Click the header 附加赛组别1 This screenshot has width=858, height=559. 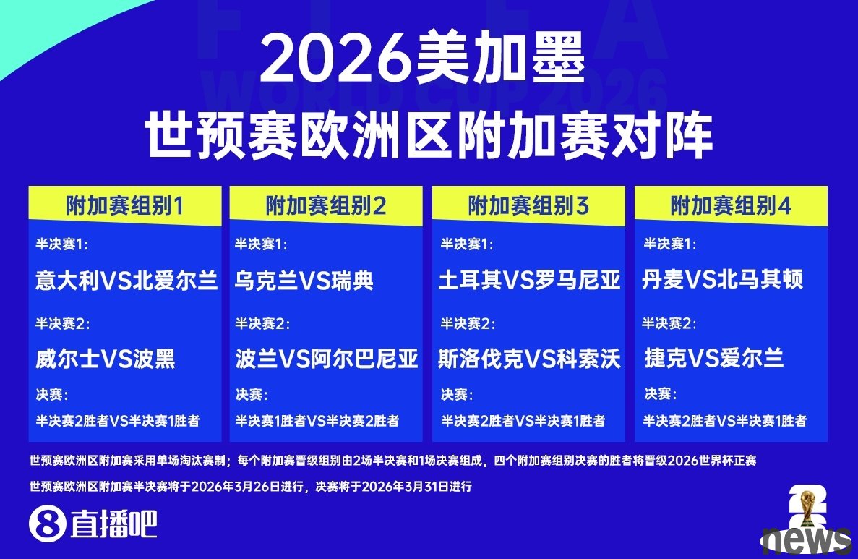(x=125, y=206)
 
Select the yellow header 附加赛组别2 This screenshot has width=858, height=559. (x=326, y=206)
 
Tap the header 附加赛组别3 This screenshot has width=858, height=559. (x=528, y=206)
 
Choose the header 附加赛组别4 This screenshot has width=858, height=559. (x=731, y=206)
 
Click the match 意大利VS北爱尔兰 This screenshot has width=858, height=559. (x=126, y=281)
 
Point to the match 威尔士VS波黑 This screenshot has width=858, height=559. (x=105, y=359)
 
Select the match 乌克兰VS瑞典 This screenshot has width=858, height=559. (x=304, y=281)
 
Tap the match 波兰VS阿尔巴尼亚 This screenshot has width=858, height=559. (x=327, y=359)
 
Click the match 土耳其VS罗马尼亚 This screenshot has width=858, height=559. (x=530, y=281)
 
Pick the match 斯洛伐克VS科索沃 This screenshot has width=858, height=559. (x=530, y=359)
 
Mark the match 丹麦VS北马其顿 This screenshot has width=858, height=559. (x=722, y=280)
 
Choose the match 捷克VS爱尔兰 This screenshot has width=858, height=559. (x=714, y=359)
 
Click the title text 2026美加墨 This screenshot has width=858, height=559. (x=423, y=58)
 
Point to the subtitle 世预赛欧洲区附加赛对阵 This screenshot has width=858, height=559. (x=429, y=135)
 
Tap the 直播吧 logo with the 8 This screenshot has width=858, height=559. (x=93, y=524)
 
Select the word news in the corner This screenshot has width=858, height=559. (x=807, y=540)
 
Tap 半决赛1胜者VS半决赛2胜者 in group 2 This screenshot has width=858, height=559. (x=317, y=420)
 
